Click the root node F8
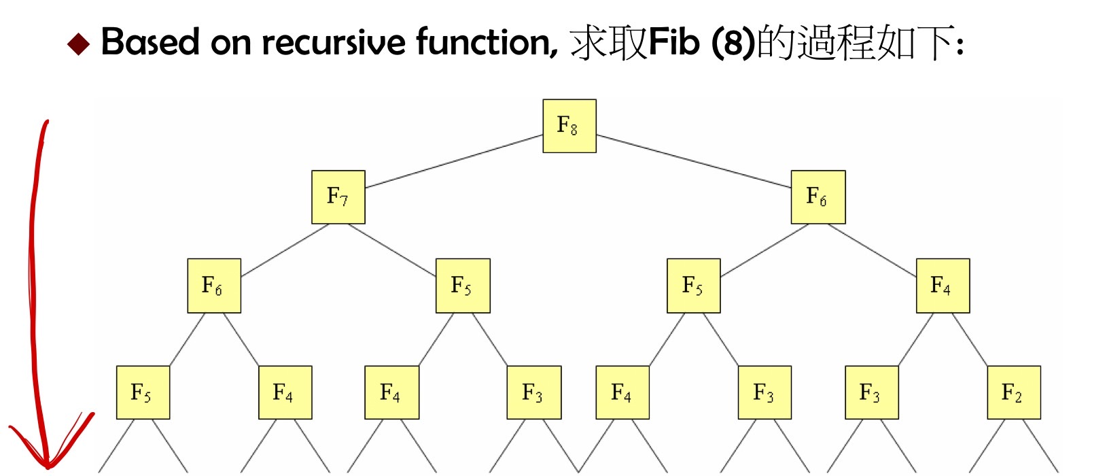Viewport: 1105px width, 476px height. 569,126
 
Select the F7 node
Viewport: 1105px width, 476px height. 338,197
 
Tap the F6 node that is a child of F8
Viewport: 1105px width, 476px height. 818,197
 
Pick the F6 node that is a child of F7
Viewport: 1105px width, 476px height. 214,286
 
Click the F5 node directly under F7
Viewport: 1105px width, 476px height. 463,286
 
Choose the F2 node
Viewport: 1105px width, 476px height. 1014,392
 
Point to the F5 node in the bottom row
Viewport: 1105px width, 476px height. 143,392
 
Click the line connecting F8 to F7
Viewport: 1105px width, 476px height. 454,161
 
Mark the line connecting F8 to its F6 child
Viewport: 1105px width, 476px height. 694,161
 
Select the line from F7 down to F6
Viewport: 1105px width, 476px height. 285,250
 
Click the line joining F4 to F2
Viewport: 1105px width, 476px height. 970,339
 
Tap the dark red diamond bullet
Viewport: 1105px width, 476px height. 78,44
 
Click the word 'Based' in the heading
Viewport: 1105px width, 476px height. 150,42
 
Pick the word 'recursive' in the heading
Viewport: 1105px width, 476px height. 334,42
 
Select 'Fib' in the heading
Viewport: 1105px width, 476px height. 674,42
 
